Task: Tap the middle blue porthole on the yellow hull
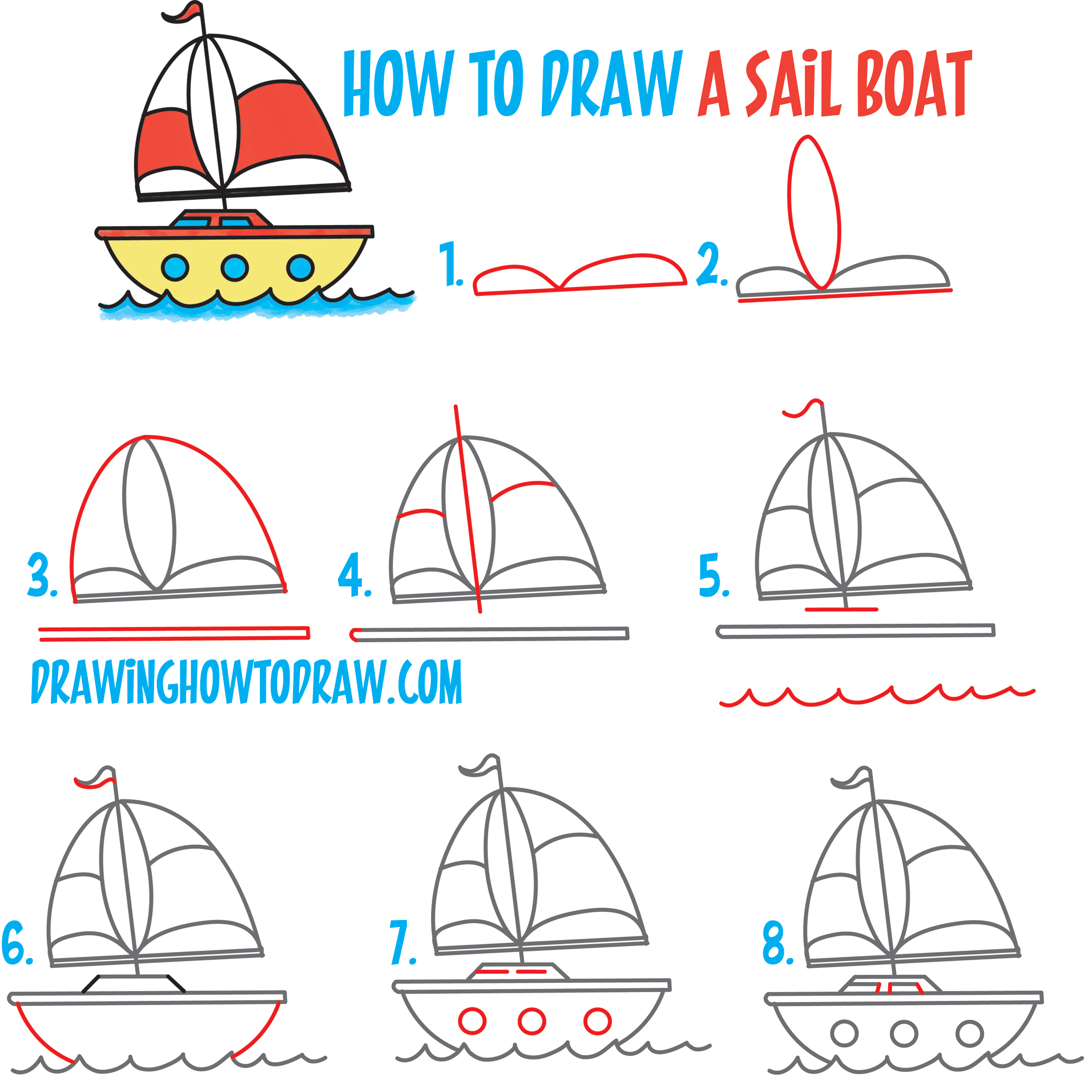[235, 267]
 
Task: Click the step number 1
[450, 264]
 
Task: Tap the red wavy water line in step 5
[876, 697]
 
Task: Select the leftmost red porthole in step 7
[473, 1020]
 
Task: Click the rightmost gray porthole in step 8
[970, 1033]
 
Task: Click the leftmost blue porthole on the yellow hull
[175, 267]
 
